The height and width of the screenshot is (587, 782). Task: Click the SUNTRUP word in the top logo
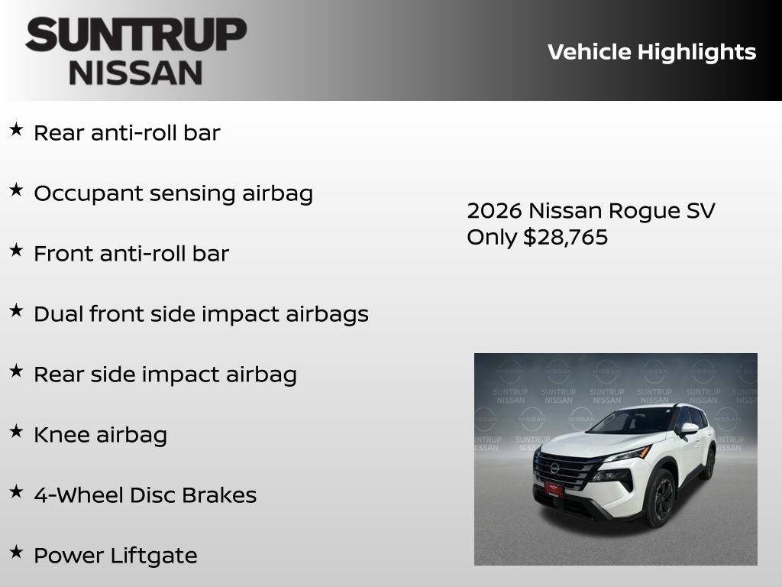[136, 34]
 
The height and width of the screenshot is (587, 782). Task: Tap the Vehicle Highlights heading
[651, 52]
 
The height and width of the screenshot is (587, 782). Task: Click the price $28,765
[565, 237]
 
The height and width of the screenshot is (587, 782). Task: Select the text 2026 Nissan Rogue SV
[590, 211]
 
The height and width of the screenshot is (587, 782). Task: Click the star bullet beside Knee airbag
[16, 431]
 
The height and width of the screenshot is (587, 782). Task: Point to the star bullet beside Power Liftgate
[16, 552]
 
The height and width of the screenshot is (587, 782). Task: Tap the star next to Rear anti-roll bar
[16, 129]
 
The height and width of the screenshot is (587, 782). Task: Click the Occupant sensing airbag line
[173, 193]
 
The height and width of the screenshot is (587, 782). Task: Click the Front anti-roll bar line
[131, 254]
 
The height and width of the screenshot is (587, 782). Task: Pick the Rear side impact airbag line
[165, 375]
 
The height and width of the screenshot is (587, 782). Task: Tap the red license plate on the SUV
[553, 488]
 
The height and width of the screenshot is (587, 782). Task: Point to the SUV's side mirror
[689, 429]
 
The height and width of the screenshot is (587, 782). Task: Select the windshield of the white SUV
[633, 421]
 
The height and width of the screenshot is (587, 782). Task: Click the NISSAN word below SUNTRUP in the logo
[136, 73]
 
